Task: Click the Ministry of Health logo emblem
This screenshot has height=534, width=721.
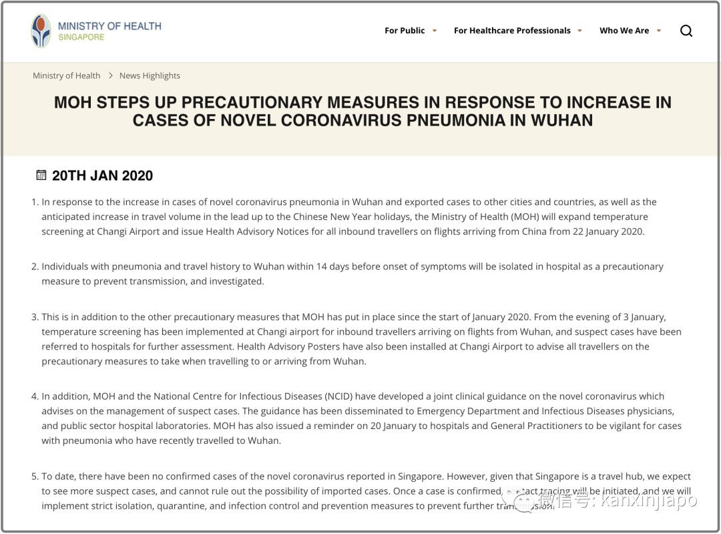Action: coord(41,31)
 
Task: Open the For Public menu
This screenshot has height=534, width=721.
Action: coord(405,31)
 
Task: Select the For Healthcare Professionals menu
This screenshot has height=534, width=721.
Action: coord(512,31)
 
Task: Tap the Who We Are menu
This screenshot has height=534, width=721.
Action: coord(624,31)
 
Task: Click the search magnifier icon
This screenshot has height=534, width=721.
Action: coord(686,31)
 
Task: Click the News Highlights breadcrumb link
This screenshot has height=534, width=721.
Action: coord(150,76)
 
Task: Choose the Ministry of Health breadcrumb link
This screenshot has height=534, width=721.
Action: coord(66,76)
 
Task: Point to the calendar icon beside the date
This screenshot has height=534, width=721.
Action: coord(41,175)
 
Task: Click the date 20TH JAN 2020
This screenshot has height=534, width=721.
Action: coord(102,176)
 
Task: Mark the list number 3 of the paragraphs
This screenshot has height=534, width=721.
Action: coord(35,317)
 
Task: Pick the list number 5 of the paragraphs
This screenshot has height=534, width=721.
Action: coord(35,477)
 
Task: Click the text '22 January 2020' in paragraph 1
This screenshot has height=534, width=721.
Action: coord(612,231)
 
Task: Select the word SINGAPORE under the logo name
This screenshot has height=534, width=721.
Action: coord(81,37)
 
